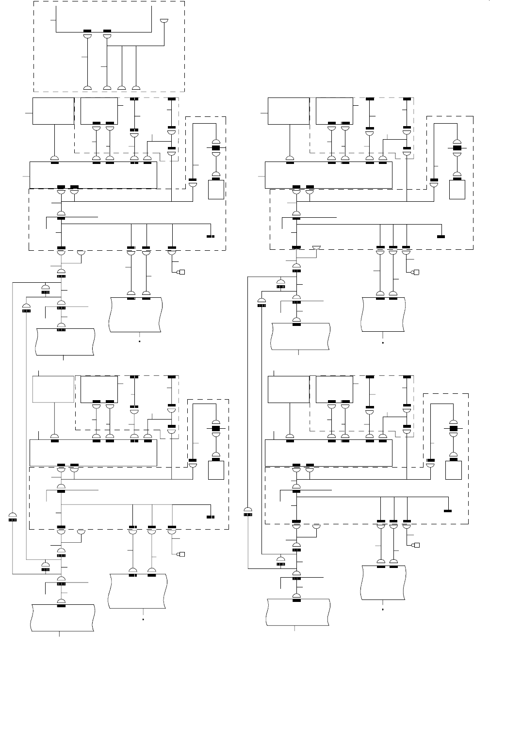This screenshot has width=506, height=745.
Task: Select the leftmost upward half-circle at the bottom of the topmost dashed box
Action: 88,88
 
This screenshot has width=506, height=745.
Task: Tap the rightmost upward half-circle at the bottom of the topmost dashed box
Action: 136,88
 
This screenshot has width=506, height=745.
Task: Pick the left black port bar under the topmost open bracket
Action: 88,32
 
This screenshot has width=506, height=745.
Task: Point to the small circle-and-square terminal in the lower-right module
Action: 416,545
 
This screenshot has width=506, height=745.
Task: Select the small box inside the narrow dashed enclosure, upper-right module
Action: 457,189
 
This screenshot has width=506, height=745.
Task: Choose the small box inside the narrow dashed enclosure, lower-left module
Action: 216,470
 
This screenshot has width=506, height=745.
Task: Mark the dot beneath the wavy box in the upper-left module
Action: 140,341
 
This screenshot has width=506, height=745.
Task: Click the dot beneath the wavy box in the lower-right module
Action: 383,608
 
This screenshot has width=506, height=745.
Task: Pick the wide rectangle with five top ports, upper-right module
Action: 328,175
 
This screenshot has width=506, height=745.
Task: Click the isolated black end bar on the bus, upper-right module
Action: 441,236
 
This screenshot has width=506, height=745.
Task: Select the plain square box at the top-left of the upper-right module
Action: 289,111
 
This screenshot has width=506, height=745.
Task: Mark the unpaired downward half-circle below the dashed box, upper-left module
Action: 81,253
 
